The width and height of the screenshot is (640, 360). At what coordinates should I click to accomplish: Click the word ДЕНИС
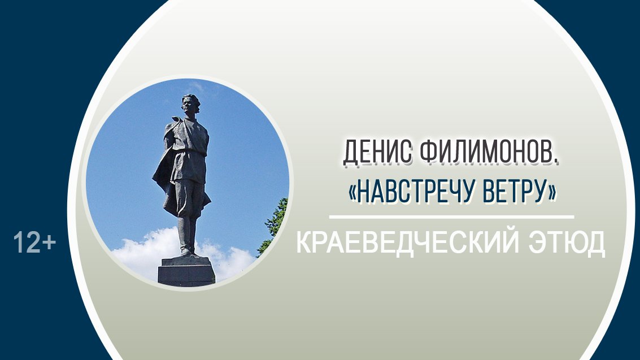(x=369, y=153)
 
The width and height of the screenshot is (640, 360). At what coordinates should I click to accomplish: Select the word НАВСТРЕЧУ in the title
(x=413, y=192)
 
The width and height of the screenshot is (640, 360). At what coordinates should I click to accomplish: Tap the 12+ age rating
(x=34, y=244)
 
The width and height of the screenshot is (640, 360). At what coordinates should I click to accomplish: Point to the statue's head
(x=190, y=105)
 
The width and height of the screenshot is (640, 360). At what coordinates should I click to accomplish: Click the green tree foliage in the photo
(x=276, y=226)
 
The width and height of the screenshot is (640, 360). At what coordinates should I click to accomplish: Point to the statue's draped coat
(x=163, y=170)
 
